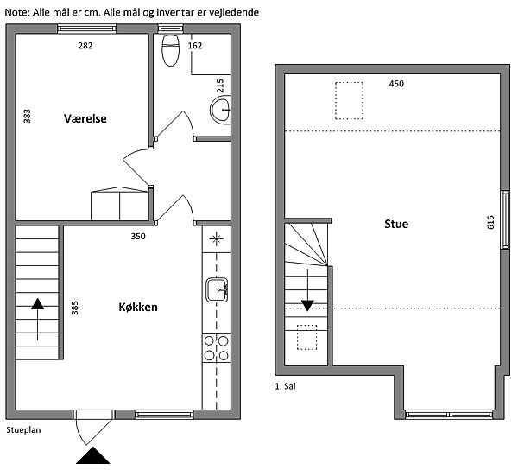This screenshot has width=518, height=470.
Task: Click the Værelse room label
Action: (85, 118)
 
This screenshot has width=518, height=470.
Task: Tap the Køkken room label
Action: (138, 307)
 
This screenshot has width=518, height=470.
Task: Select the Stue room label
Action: (396, 224)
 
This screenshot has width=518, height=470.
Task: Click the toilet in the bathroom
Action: (170, 50)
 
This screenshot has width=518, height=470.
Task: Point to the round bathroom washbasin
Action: (220, 110)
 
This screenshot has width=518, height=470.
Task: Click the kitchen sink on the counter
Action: (217, 290)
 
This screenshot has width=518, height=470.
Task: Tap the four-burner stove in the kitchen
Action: (217, 348)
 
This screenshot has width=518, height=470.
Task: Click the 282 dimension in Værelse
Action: (85, 46)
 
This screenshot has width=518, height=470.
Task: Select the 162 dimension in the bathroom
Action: (195, 46)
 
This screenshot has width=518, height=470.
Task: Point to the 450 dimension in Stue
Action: (396, 84)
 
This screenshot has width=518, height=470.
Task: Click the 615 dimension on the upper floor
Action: (490, 222)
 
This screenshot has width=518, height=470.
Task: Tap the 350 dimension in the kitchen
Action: (138, 237)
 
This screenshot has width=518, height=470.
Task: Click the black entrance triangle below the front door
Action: (93, 455)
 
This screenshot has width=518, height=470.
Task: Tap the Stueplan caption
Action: (23, 430)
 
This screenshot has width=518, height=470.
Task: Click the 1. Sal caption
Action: (286, 386)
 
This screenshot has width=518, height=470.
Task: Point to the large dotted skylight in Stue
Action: (349, 101)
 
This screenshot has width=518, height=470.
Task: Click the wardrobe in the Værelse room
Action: (120, 204)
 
